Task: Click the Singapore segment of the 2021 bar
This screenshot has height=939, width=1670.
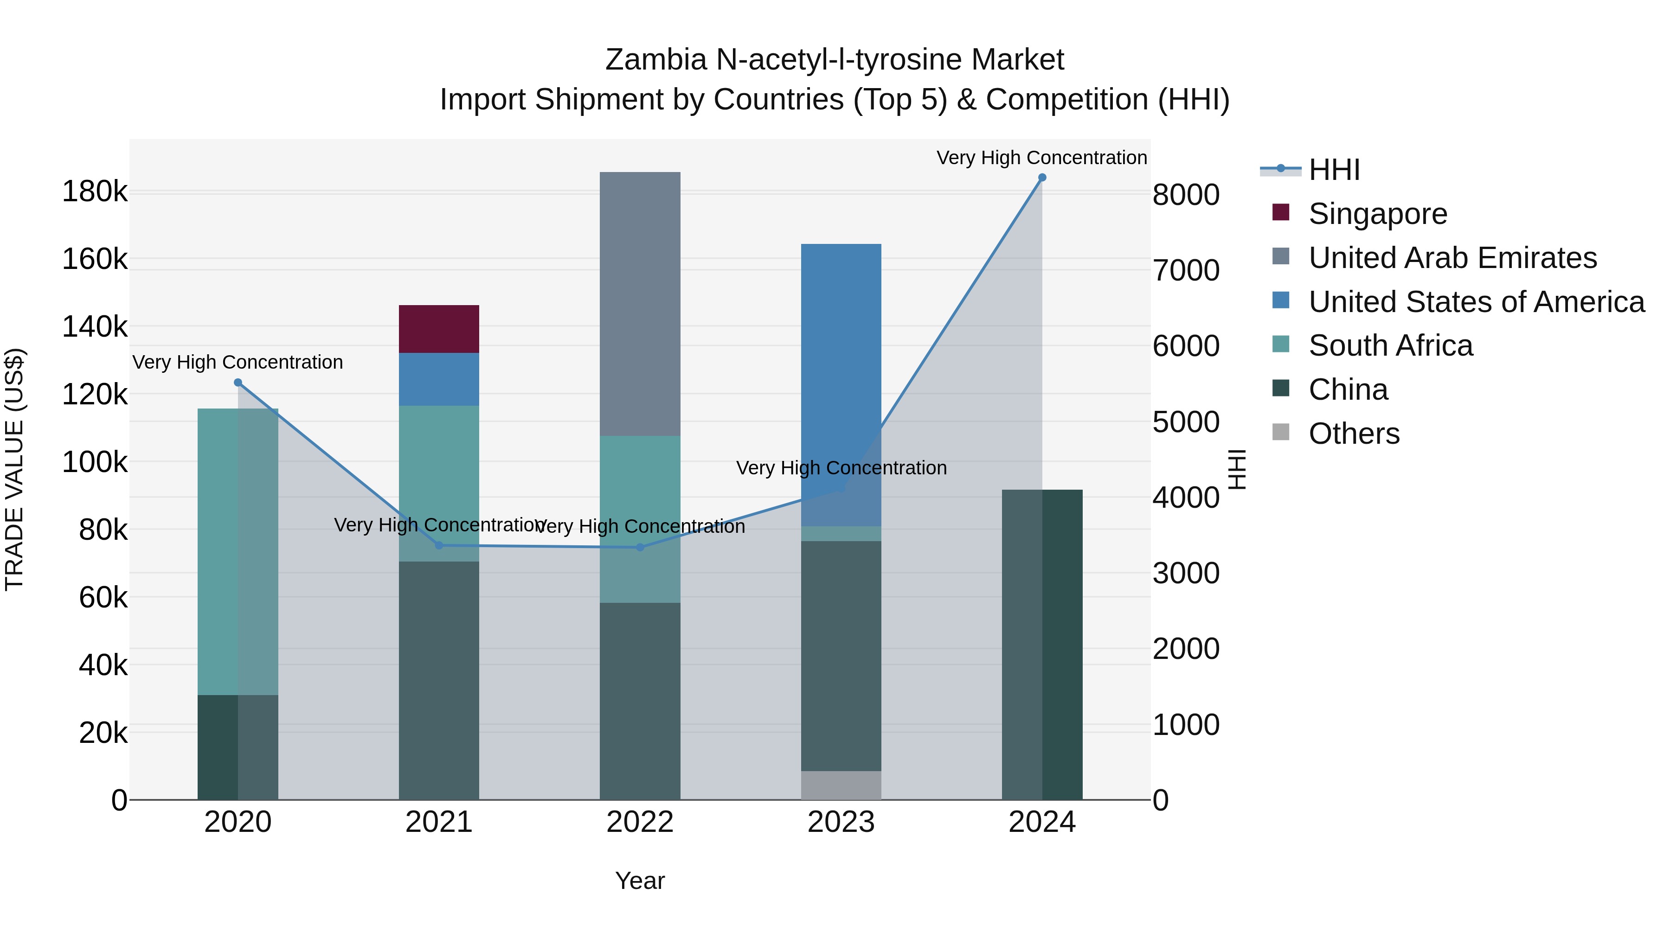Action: click(x=438, y=329)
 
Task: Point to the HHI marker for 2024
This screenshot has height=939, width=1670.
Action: click(x=1042, y=178)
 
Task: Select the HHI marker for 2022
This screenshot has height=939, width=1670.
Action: click(x=640, y=548)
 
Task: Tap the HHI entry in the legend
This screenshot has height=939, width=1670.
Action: click(x=1334, y=170)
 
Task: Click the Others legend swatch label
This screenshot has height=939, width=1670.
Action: click(x=1354, y=434)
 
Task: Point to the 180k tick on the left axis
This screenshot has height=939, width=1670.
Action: click(x=95, y=192)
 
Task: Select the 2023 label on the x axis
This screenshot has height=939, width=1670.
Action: click(x=841, y=822)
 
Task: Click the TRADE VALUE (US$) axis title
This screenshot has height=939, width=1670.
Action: click(x=14, y=469)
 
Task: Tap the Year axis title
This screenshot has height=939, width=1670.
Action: click(x=639, y=881)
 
